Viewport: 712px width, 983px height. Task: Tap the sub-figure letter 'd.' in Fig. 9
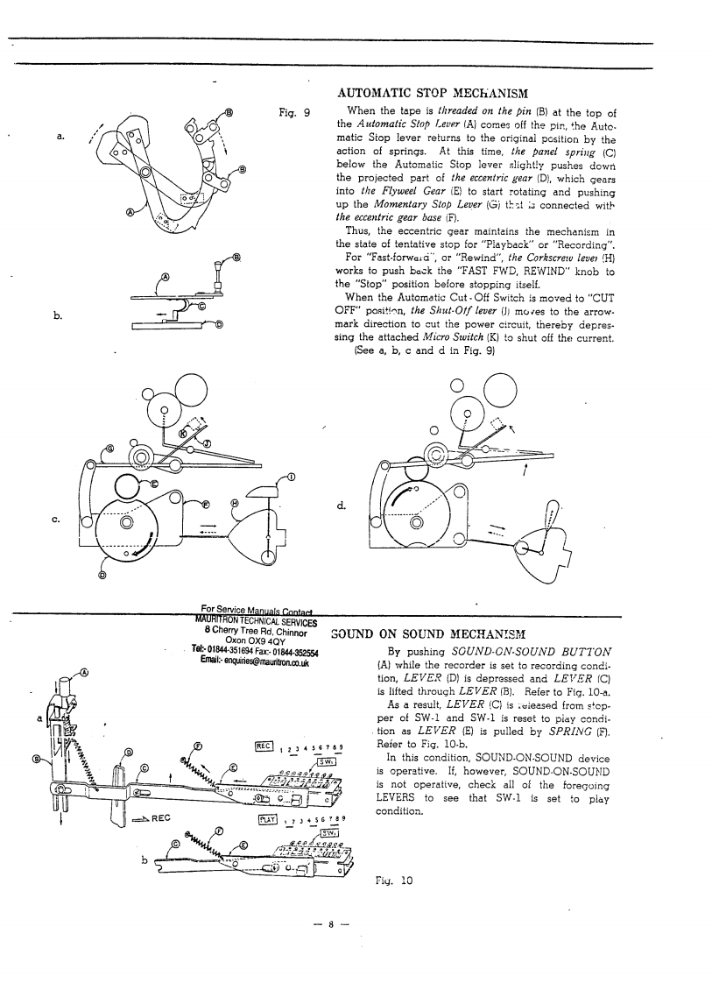[339, 506]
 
